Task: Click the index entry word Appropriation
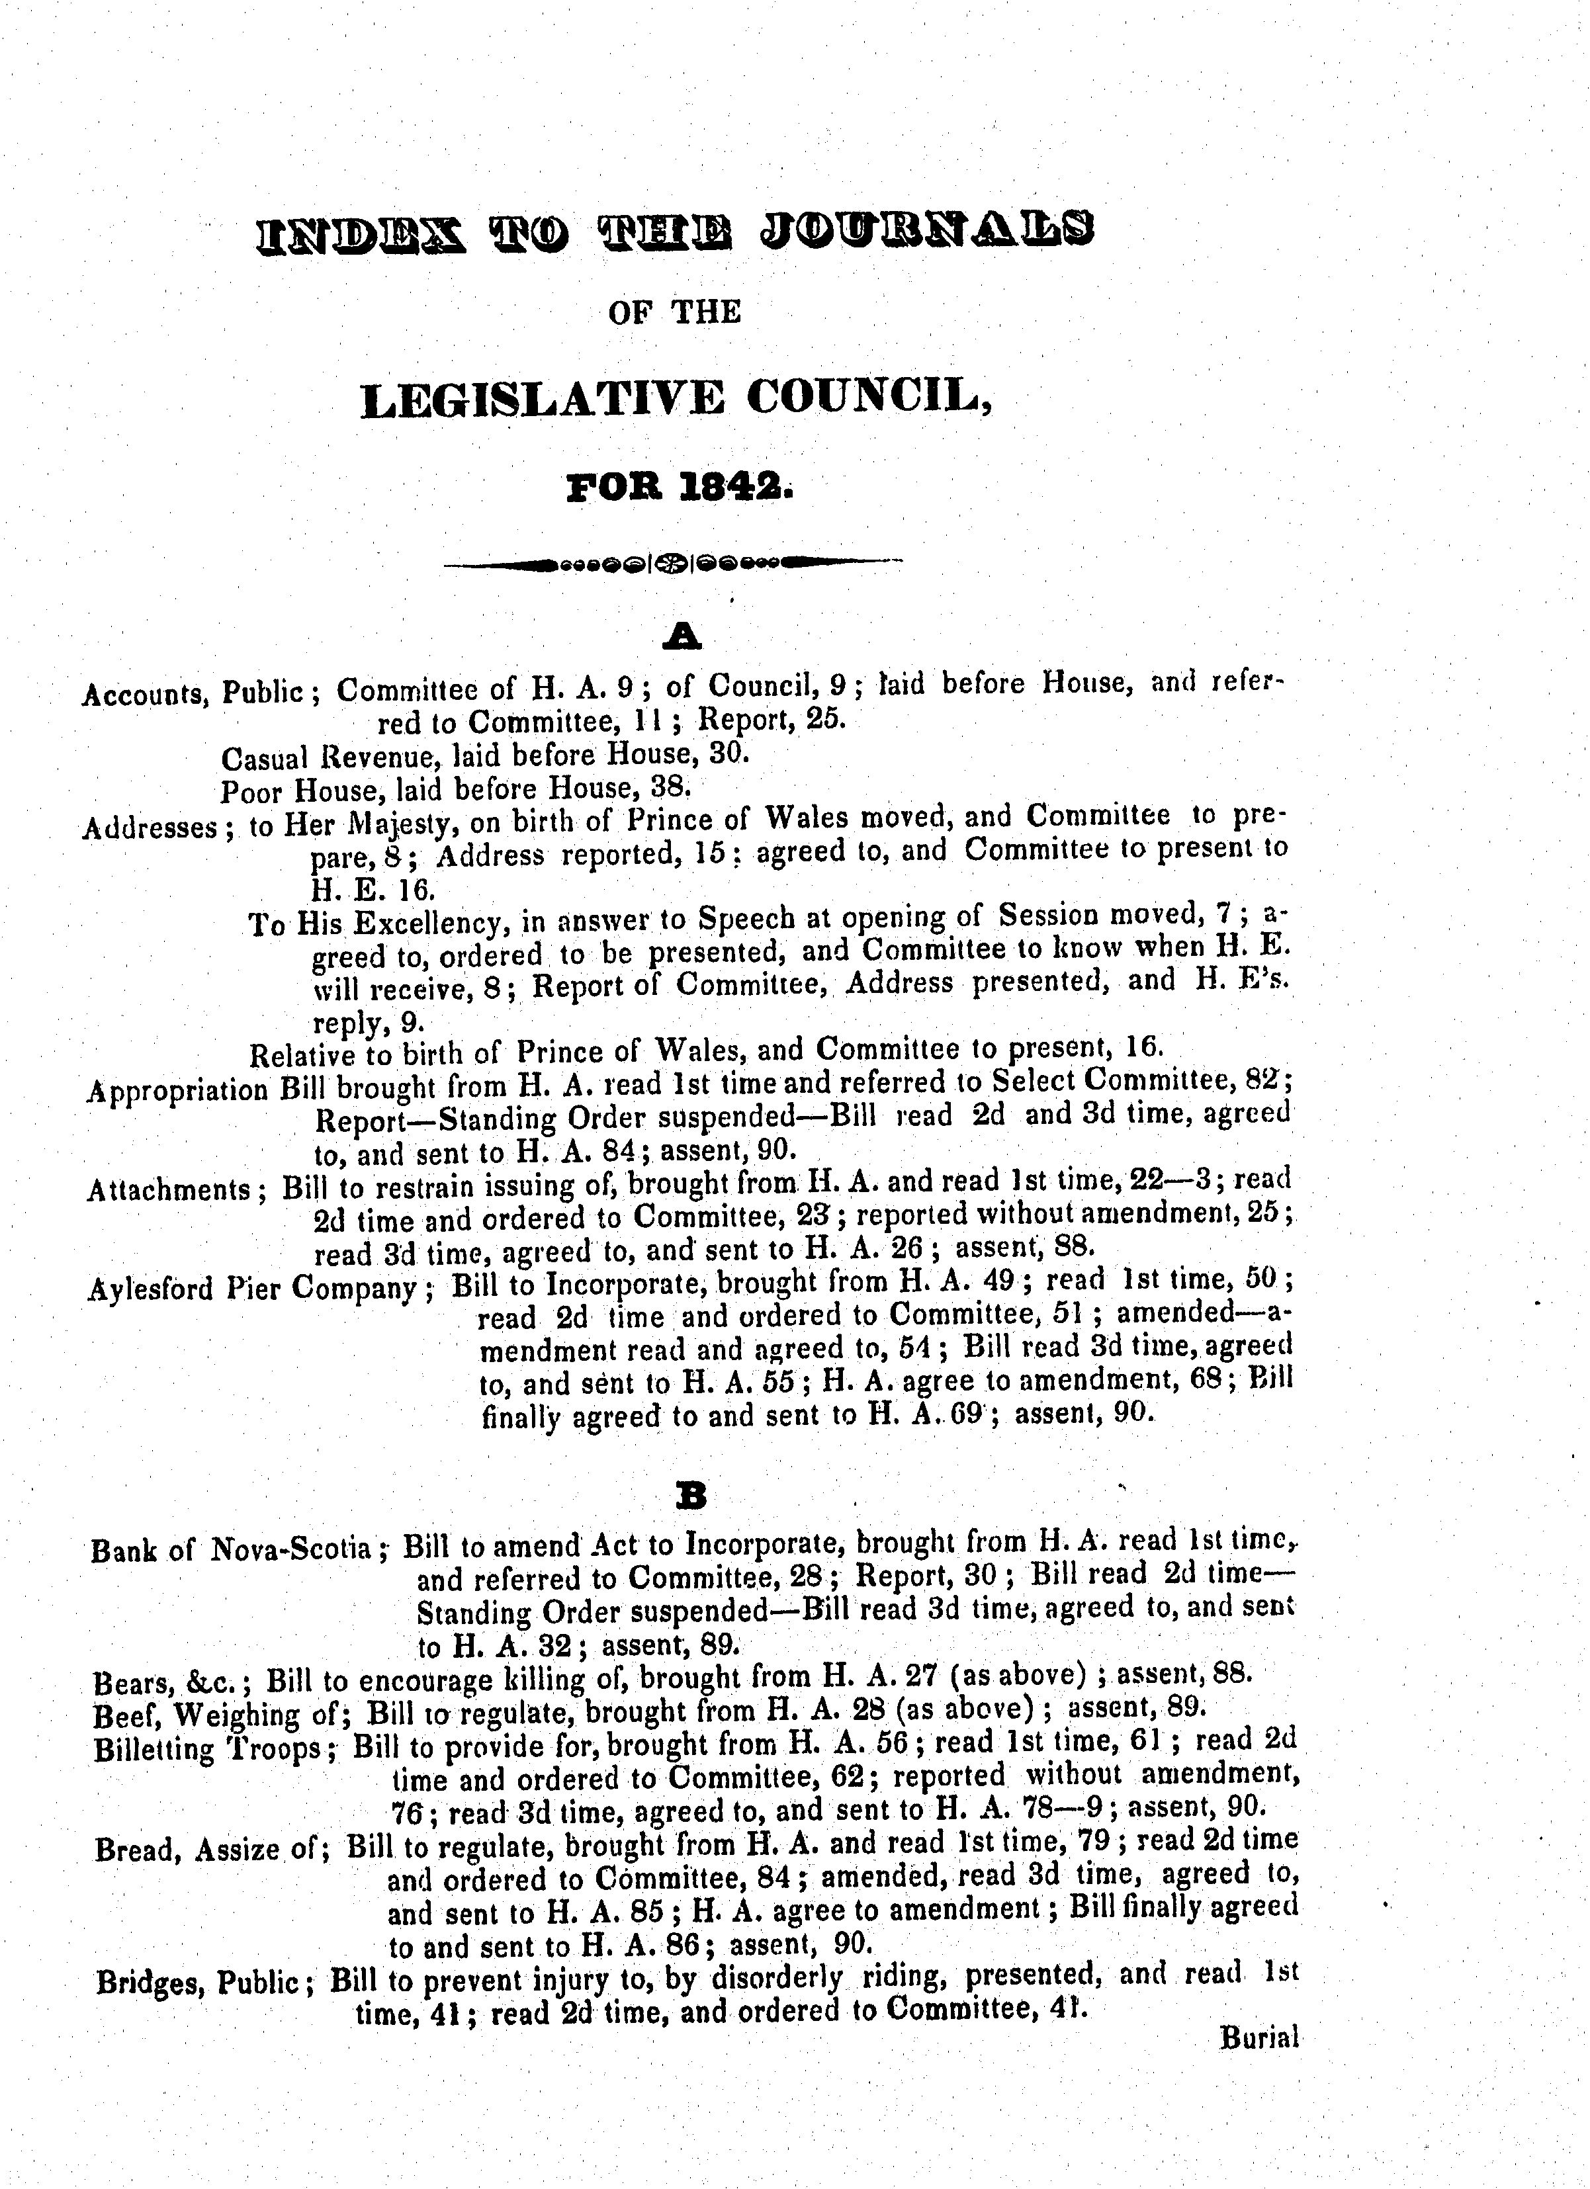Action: point(177,1092)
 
